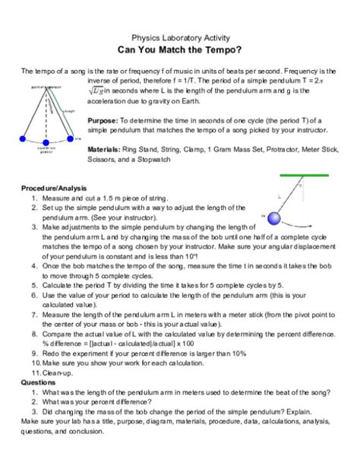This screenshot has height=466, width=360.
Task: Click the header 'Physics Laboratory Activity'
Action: pos(180,36)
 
